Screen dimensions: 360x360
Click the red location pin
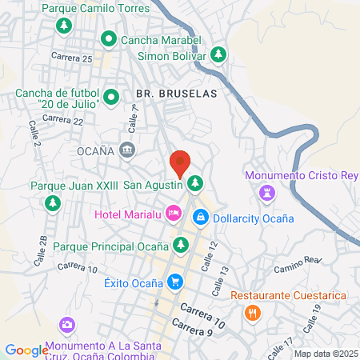[x=180, y=164]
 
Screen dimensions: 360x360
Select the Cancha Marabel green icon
[x=110, y=39]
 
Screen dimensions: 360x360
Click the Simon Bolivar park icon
[x=218, y=56]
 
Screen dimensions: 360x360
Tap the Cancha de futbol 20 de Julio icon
[x=111, y=98]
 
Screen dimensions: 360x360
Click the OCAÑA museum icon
[x=127, y=150]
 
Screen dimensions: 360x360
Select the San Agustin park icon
[x=194, y=185]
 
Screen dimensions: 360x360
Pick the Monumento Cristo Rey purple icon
[x=266, y=193]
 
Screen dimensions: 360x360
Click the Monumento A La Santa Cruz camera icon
[x=67, y=326]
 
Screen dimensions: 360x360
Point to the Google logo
[x=26, y=350]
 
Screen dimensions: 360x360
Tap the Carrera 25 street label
[x=71, y=58]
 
